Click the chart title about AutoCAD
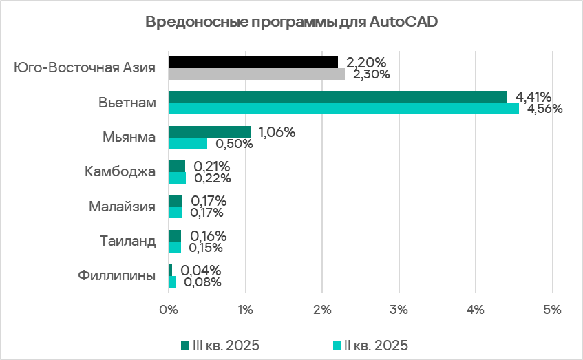291,22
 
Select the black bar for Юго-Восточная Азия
253,63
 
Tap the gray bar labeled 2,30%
256,74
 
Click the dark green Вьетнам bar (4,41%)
337,97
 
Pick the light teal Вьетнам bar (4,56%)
343,109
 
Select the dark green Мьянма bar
209,131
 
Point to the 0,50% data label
234,144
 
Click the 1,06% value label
276,131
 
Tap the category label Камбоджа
120,171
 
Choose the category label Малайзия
122,206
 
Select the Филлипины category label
116,275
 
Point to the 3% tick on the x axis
399,310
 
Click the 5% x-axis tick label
553,310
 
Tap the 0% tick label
169,310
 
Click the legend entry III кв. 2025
220,344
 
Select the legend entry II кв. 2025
370,344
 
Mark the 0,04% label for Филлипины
201,270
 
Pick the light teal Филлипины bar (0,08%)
172,282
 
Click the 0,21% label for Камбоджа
211,167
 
